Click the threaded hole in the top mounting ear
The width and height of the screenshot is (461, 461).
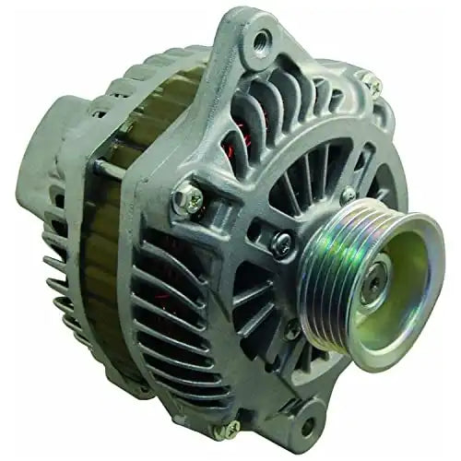click(x=264, y=40)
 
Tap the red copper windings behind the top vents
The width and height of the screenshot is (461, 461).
click(x=242, y=120)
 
